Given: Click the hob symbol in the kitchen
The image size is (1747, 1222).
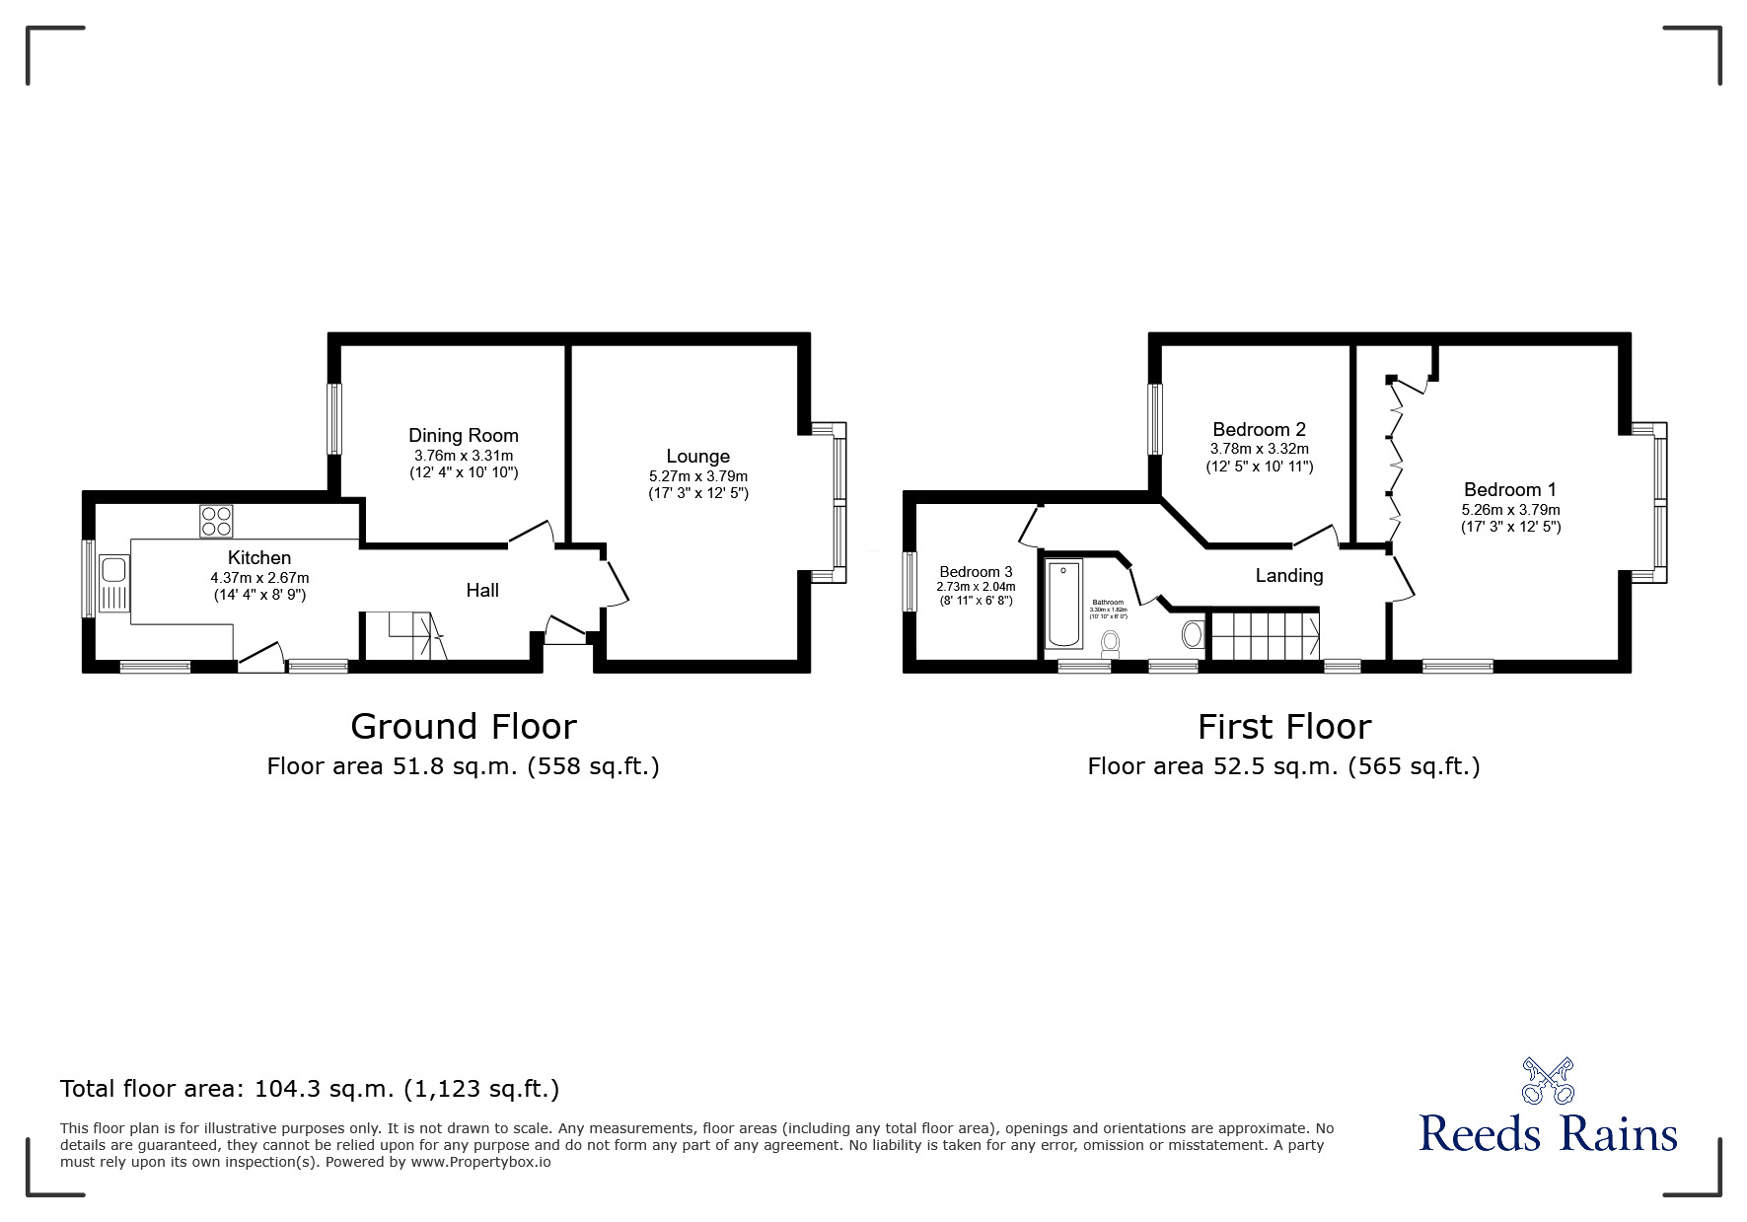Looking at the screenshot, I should pyautogui.click(x=217, y=521).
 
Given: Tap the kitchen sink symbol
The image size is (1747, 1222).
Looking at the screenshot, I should pyautogui.click(x=110, y=583).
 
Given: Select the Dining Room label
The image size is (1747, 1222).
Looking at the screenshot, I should pyautogui.click(x=464, y=435).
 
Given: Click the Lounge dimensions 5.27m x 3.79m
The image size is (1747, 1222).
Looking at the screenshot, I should pyautogui.click(x=697, y=476).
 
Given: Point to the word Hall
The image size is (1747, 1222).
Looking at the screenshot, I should pyautogui.click(x=482, y=590).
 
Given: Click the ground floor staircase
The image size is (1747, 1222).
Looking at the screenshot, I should pyautogui.click(x=405, y=635).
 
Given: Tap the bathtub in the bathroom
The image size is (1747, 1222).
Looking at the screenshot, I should pyautogui.click(x=1064, y=603).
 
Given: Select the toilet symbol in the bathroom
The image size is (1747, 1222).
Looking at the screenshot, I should pyautogui.click(x=1111, y=643).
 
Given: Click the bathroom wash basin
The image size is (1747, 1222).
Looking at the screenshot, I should pyautogui.click(x=1193, y=634).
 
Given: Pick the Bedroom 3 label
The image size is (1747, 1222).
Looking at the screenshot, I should pyautogui.click(x=976, y=572).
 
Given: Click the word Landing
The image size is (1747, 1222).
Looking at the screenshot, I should pyautogui.click(x=1288, y=575).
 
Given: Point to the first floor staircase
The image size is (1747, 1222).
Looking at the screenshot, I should pyautogui.click(x=1266, y=635).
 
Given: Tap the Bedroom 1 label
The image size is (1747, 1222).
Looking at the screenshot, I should pyautogui.click(x=1509, y=489).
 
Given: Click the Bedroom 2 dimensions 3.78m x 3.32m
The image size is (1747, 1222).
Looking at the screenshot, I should pyautogui.click(x=1259, y=449).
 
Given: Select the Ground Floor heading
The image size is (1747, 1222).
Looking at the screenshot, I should pyautogui.click(x=463, y=727).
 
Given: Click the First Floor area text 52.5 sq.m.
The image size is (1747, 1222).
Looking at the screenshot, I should pyautogui.click(x=1283, y=766).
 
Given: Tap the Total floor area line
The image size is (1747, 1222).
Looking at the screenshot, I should pyautogui.click(x=310, y=1089).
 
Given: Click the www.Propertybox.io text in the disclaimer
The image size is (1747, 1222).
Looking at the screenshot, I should pyautogui.click(x=480, y=1162).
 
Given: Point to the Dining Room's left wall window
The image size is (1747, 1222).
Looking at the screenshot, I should pyautogui.click(x=334, y=418).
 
